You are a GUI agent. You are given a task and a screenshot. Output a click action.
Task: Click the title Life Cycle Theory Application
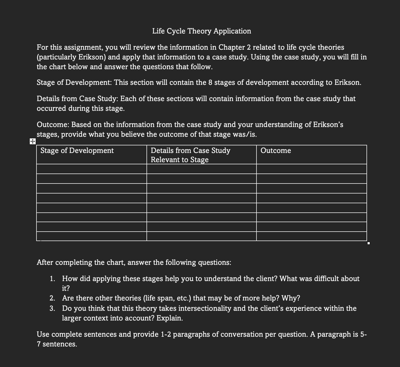(x=201, y=31)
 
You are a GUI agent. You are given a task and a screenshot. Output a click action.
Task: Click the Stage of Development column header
(x=77, y=151)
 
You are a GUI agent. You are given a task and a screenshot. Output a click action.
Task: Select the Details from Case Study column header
(x=190, y=155)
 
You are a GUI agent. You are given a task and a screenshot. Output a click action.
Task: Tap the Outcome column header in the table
(x=276, y=151)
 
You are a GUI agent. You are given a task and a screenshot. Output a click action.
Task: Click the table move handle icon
(x=32, y=141)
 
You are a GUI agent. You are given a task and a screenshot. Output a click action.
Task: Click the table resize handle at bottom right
(x=368, y=243)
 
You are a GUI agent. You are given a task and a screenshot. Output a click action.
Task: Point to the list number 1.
(x=52, y=279)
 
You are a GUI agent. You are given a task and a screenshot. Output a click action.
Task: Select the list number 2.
(x=52, y=298)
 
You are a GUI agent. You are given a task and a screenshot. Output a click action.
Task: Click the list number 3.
(x=52, y=308)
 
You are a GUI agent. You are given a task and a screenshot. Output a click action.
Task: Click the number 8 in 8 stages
(x=210, y=82)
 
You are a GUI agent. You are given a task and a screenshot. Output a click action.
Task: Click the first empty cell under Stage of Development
(x=92, y=169)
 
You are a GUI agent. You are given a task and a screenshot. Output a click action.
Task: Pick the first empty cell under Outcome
(x=311, y=169)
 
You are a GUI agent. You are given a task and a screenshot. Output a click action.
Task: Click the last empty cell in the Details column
(x=201, y=236)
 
